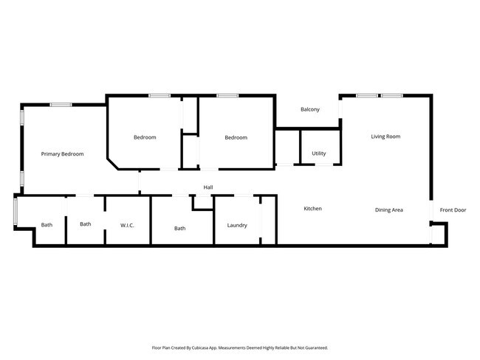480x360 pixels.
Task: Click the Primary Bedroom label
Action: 62,154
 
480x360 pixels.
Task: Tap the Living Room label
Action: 385,136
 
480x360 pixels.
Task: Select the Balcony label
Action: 310,110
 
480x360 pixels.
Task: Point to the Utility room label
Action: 318,153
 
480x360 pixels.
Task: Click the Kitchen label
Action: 312,209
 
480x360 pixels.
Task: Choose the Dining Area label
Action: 388,210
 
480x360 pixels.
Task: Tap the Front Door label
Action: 453,210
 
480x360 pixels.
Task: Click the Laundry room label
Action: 237,225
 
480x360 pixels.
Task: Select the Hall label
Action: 208,188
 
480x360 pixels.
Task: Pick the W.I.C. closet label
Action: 127,225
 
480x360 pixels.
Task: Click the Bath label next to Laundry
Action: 179,228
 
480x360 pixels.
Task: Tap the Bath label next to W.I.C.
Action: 86,224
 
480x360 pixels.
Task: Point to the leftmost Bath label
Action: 47,225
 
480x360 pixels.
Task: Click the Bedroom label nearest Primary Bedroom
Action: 145,137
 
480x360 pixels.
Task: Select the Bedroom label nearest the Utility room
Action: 236,137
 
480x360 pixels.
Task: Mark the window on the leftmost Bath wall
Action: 16,211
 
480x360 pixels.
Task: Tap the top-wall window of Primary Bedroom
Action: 61,105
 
